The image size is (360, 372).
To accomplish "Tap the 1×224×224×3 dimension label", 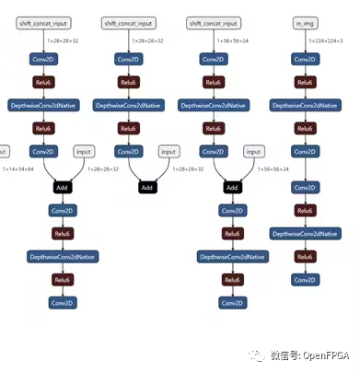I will (328, 41).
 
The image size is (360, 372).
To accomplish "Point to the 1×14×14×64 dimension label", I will (17, 169).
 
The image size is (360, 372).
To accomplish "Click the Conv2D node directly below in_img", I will (304, 59).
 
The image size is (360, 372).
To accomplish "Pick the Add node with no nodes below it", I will (147, 187).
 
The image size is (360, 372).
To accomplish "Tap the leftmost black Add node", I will (62, 187).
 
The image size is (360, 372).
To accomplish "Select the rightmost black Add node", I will (232, 187).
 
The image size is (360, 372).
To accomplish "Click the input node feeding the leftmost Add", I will (85, 151).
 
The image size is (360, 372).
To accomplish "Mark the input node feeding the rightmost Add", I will (253, 151).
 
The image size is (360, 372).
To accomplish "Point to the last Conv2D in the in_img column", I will (304, 279).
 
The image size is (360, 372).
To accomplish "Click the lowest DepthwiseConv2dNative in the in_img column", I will (304, 234).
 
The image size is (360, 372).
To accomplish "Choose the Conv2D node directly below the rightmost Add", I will (232, 211).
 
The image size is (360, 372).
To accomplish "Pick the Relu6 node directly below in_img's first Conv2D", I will (304, 83).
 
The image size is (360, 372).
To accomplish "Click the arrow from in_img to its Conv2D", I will (304, 40).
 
